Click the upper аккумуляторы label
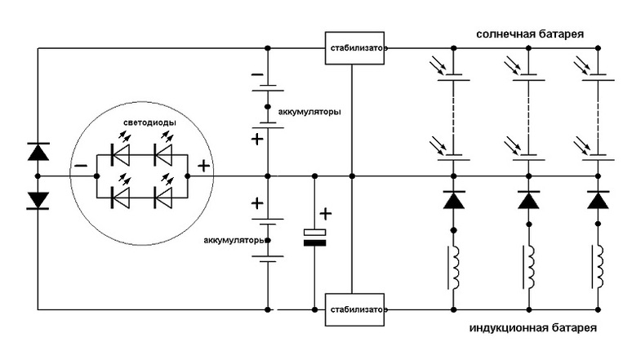coord(310,111)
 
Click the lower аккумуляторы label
coord(233,241)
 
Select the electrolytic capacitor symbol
coord(314,237)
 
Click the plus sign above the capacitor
coord(325,214)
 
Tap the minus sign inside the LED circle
coord(82,167)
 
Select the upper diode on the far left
coord(38,151)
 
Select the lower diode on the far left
coord(38,200)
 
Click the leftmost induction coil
coord(454,267)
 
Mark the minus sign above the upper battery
coord(256,74)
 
